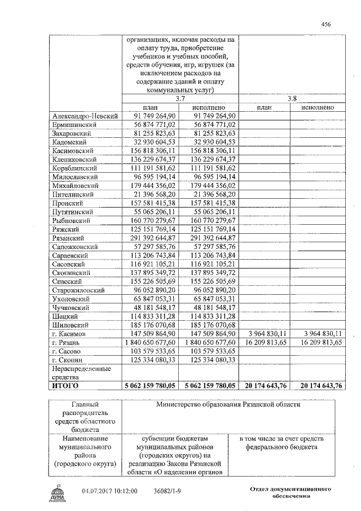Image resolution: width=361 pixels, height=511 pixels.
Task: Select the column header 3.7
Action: pyautogui.click(x=180, y=98)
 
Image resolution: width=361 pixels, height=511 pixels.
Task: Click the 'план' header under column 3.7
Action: pyautogui.click(x=151, y=107)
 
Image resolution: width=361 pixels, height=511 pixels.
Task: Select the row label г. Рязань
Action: pyautogui.click(x=66, y=343)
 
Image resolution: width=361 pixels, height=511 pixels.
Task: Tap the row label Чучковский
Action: pyautogui.click(x=69, y=308)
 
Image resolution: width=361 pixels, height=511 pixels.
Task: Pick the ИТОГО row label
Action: pyautogui.click(x=65, y=386)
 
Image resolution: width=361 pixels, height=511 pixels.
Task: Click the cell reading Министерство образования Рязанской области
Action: pyautogui.click(x=228, y=404)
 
